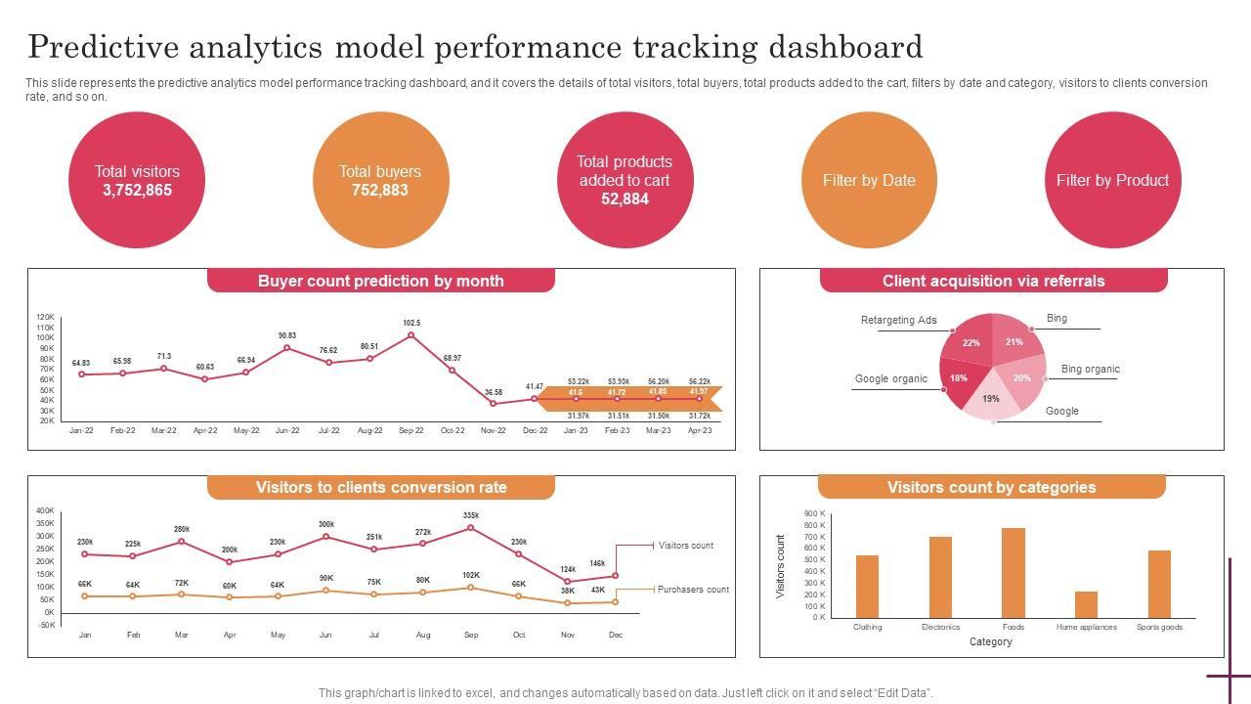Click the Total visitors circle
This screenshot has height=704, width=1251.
point(137,180)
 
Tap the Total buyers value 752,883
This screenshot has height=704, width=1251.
point(380,190)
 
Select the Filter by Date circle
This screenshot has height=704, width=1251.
point(869,180)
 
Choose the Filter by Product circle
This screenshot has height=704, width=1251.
point(1112,180)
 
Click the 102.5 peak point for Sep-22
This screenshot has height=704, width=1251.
point(411,335)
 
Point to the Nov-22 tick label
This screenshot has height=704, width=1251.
point(494,430)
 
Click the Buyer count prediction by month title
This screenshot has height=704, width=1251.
point(381,281)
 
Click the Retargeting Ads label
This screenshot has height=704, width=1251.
point(899,320)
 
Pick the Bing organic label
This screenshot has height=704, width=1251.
point(1090,369)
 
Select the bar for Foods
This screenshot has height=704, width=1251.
point(1014,573)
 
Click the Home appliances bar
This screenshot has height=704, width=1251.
point(1086,604)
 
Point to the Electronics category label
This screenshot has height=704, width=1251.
point(940,627)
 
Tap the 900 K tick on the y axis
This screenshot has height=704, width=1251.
point(815,513)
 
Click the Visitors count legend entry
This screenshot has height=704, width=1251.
point(686,546)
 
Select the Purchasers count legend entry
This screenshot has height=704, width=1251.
point(693,590)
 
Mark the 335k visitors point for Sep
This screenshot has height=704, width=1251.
point(471,528)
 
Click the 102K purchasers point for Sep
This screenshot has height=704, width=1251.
point(471,588)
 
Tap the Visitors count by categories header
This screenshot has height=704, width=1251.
point(991,487)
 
